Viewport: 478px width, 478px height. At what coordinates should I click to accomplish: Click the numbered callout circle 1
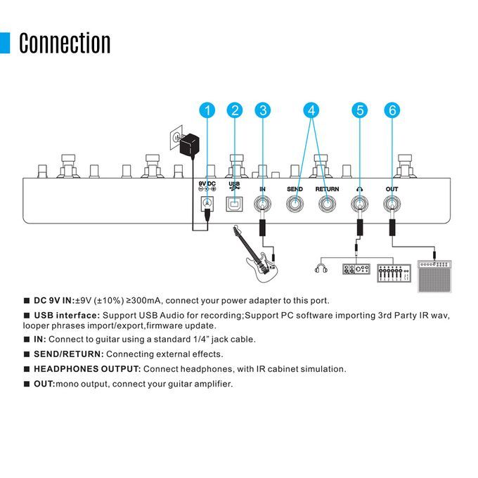point(207,110)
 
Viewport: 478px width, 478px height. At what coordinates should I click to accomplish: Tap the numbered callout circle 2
point(235,110)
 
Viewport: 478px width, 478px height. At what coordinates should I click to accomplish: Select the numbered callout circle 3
point(262,110)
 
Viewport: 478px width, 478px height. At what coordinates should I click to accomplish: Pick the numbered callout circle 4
point(311,110)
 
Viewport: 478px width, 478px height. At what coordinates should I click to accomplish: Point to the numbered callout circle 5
point(360,110)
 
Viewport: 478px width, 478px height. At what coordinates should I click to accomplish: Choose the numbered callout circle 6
point(392,110)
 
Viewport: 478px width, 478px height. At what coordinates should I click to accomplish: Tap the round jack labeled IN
point(263,205)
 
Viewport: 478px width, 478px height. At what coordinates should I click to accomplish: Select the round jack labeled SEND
point(295,205)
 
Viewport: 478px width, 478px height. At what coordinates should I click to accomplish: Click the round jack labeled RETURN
point(327,205)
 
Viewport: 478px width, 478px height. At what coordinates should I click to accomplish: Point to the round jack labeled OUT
point(392,205)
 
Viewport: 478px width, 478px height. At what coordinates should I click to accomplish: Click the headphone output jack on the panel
point(360,205)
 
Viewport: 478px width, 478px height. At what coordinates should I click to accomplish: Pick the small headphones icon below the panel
point(323,268)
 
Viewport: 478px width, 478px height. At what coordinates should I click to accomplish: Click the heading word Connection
point(65,43)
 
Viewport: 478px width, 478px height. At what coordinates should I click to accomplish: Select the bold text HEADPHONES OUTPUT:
point(87,369)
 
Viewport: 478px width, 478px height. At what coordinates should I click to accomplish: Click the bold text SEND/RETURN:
point(68,354)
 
